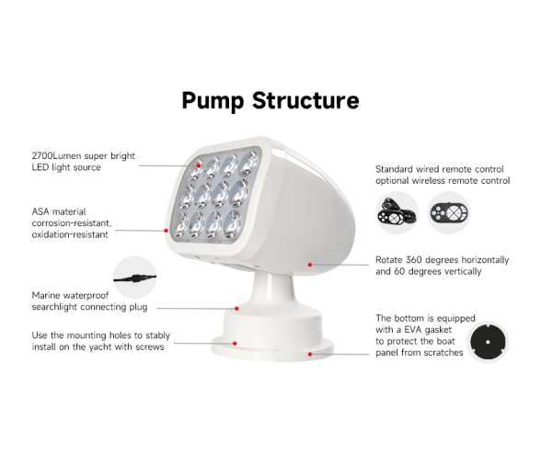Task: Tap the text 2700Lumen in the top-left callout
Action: (x=58, y=156)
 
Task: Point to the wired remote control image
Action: (x=397, y=213)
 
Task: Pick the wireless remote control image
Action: (x=448, y=213)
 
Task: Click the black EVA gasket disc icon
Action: (x=488, y=343)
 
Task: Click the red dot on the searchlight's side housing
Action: (x=310, y=264)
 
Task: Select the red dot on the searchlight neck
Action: (x=237, y=309)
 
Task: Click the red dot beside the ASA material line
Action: (x=167, y=231)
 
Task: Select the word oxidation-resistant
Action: (x=70, y=234)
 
